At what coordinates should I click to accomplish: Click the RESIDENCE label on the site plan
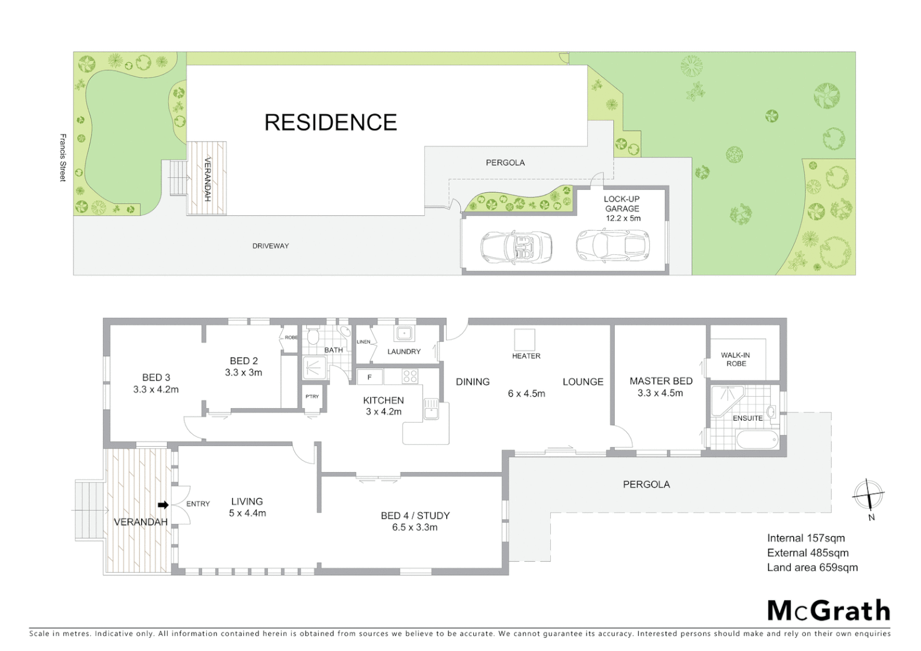pos(330,122)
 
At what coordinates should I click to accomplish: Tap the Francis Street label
pos(63,157)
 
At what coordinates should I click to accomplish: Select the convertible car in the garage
pos(517,246)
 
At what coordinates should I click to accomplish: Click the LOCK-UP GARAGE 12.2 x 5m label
pos(622,209)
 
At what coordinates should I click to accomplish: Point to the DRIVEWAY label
pos(270,246)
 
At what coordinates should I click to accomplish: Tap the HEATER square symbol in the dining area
pos(524,339)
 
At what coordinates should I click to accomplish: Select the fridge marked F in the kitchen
pos(369,377)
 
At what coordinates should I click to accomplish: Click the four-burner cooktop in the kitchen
pos(410,377)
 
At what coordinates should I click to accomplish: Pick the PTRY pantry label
pos(312,397)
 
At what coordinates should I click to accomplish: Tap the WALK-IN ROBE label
pos(735,359)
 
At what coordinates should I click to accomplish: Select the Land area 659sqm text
pos(812,567)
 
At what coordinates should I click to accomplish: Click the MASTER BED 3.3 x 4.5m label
pos(661,387)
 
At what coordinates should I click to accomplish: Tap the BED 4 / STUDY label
pos(415,521)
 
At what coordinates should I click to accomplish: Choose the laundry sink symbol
pos(403,333)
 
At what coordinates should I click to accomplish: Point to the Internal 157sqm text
pos(805,538)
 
